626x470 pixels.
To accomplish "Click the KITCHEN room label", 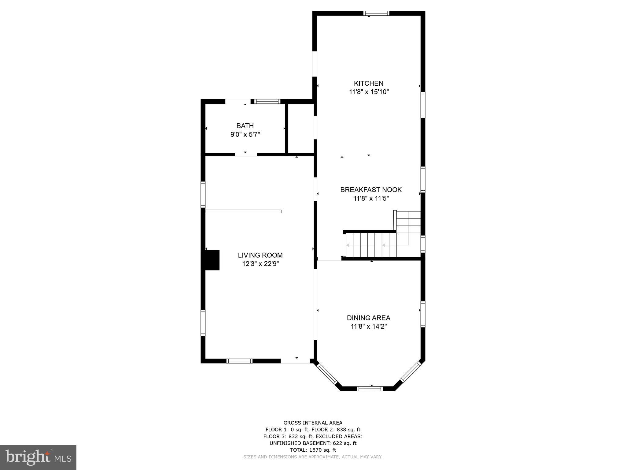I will point(368,83).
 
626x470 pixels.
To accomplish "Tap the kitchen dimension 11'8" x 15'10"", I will point(369,92).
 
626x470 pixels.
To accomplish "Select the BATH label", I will point(245,126).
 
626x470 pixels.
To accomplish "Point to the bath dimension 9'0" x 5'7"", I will point(245,134).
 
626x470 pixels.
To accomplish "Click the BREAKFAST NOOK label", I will point(371,190).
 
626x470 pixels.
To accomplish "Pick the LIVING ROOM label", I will point(260,255).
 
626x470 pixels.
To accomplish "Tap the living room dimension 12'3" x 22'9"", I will point(260,264).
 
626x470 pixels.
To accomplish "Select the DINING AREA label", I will point(368,318).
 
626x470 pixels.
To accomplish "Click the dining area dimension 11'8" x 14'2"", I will point(369,326).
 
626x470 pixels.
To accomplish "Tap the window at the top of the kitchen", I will point(376,13).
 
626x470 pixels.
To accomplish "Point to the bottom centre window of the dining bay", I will point(370,389).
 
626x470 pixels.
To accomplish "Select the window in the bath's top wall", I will point(267,102).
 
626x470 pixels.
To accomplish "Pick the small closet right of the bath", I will point(301,128).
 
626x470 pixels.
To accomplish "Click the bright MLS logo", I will point(38,457).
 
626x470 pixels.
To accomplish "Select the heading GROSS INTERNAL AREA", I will point(313,423).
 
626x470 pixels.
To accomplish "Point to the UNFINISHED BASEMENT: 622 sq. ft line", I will point(313,443).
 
